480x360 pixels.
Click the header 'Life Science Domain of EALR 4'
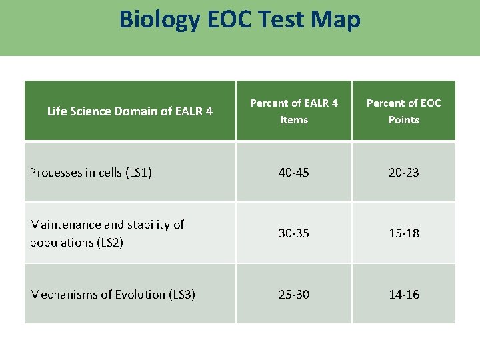pos(130,111)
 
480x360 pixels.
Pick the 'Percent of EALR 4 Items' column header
pos(293,111)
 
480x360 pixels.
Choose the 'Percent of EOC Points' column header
pos(403,111)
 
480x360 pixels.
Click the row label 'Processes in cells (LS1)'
pos(91,173)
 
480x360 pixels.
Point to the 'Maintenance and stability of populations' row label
pos(107,233)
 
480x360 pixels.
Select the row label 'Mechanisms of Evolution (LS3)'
pos(112,295)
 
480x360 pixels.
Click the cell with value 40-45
pos(293,173)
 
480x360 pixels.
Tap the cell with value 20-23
pos(404,173)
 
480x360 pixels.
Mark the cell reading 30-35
pos(293,233)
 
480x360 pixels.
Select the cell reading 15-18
pos(404,233)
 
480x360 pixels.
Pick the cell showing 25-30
pos(293,295)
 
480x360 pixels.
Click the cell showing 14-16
pos(404,295)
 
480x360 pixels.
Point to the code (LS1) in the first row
pos(138,173)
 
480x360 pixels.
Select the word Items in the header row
pos(293,120)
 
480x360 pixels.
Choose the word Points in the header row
pos(403,120)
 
